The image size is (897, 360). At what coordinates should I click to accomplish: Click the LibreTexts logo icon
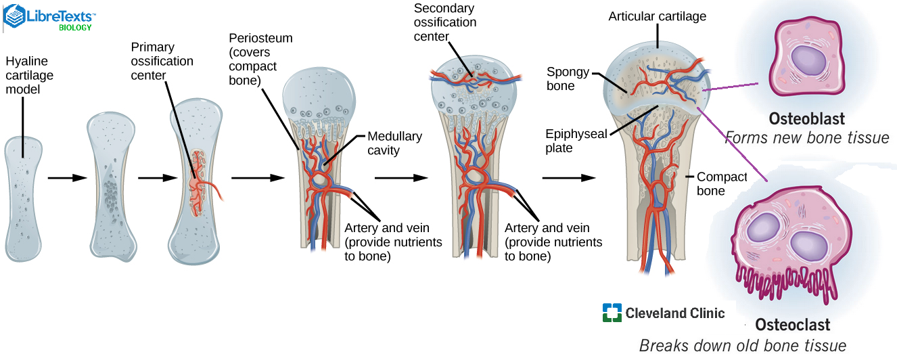(14, 16)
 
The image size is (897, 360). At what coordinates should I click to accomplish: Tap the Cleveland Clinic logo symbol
(612, 313)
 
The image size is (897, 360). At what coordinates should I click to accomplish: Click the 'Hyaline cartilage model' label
(29, 76)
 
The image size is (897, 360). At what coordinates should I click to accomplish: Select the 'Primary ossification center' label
(162, 61)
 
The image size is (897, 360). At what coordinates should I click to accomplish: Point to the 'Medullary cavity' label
(394, 143)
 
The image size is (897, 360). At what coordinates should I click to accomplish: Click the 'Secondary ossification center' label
(444, 22)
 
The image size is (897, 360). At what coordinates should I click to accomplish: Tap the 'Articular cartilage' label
(657, 16)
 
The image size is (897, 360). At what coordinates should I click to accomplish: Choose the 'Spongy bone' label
(568, 78)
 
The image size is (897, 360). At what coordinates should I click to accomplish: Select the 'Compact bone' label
(721, 183)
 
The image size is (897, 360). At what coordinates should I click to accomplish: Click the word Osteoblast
(806, 119)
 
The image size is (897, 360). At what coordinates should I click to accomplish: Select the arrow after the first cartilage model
(68, 178)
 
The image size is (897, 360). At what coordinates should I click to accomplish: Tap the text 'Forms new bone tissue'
(806, 138)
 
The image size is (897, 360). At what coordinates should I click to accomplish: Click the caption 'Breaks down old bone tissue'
(742, 346)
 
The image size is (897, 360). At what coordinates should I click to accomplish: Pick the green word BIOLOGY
(75, 28)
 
